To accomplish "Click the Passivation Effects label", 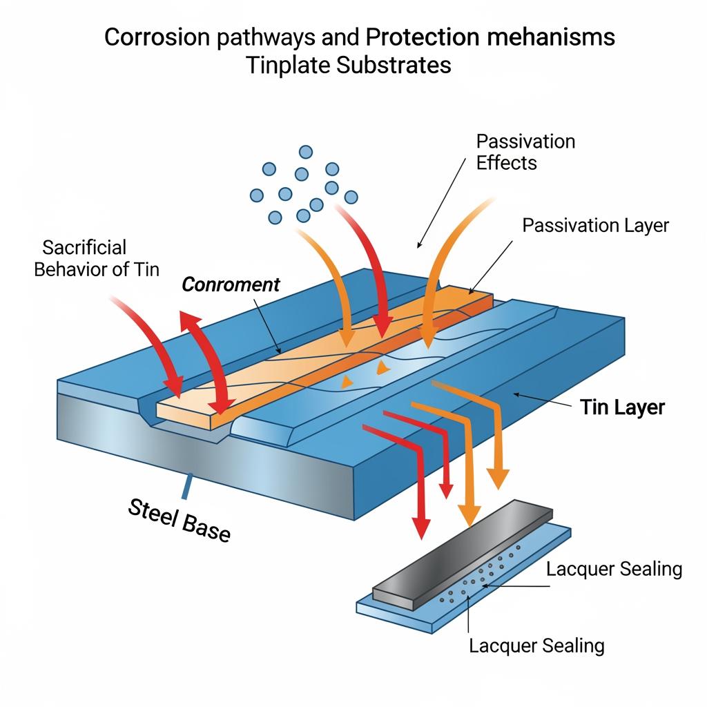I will pyautogui.click(x=525, y=152).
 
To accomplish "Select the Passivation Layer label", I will pyautogui.click(x=595, y=226).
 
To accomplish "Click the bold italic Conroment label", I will pyautogui.click(x=231, y=284).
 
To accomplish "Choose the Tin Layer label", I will pyautogui.click(x=622, y=407).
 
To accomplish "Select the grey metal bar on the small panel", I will pyautogui.click(x=463, y=552).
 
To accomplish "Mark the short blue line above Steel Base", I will pyautogui.click(x=185, y=486).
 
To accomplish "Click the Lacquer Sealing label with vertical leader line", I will pyautogui.click(x=536, y=646).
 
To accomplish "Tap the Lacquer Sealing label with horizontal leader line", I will pyautogui.click(x=614, y=569).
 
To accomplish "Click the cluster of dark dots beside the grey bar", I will pyautogui.click(x=483, y=573).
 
